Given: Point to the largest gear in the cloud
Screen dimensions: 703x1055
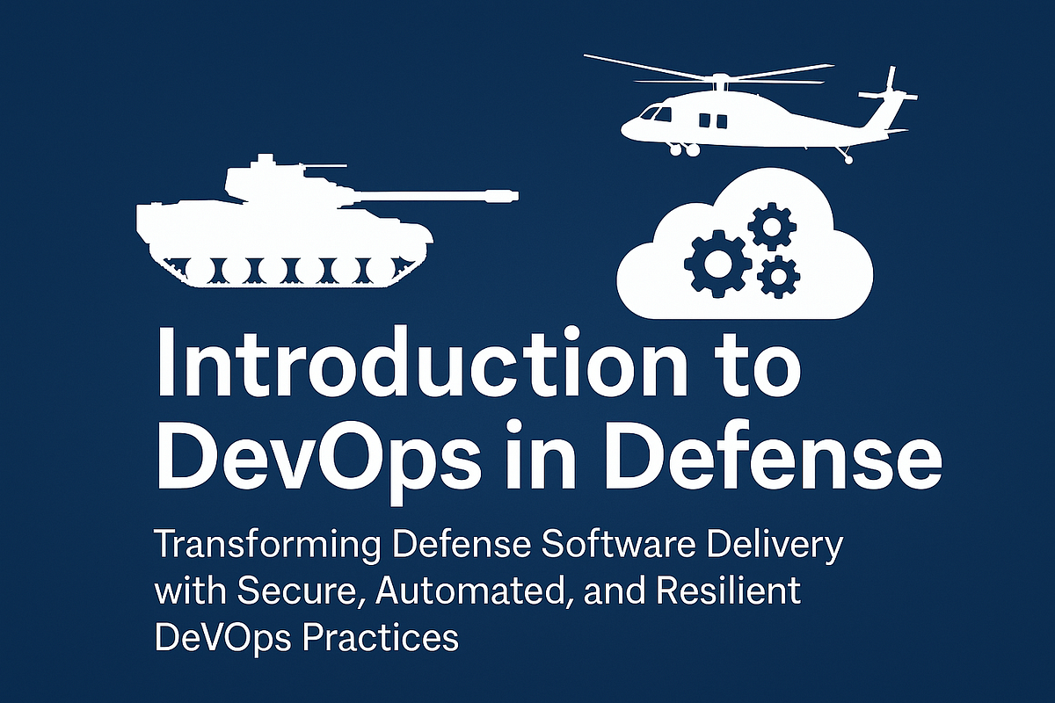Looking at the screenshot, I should (717, 261).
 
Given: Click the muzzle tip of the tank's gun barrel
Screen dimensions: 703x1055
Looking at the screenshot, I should (512, 192).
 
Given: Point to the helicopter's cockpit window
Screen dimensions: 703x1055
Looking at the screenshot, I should (654, 113).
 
